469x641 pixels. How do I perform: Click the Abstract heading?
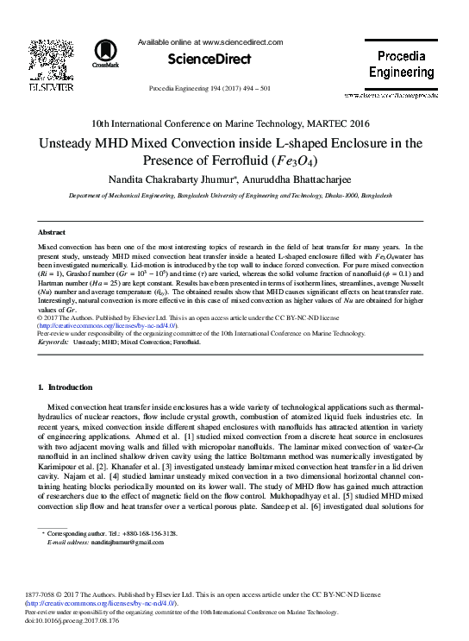pyautogui.click(x=53, y=233)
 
